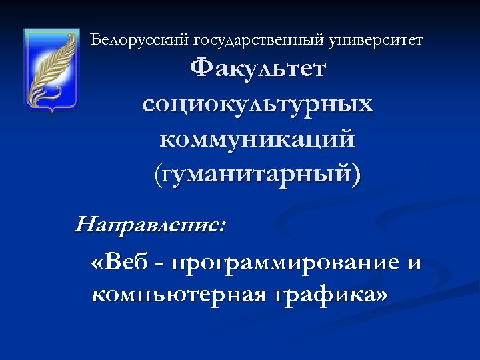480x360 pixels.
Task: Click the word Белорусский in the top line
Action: point(140,40)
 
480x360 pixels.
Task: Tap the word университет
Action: point(376,40)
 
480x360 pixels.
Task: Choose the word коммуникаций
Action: point(257,140)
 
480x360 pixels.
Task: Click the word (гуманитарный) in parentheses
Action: point(257,176)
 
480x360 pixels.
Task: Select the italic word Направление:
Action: point(150,224)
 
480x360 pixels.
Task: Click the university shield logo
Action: point(51,69)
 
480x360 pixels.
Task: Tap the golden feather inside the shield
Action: point(49,67)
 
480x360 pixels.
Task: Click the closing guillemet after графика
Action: point(381,294)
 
